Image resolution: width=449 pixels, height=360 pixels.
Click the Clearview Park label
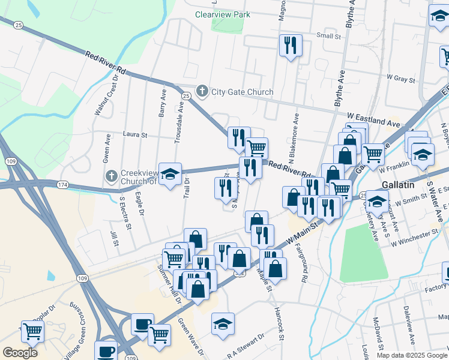tap(222, 14)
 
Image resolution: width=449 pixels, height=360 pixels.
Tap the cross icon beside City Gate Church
tap(202, 92)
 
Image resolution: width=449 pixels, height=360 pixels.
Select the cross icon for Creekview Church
tap(110, 176)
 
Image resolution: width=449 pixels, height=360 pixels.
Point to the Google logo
tap(20, 353)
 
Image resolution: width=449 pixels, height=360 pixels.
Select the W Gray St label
tap(401, 79)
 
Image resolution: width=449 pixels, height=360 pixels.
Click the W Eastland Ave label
tap(373, 118)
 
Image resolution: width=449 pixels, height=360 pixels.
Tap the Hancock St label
tap(279, 325)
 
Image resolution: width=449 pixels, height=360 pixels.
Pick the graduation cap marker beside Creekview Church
tap(170, 174)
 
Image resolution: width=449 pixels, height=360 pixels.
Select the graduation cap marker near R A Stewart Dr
tap(223, 324)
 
